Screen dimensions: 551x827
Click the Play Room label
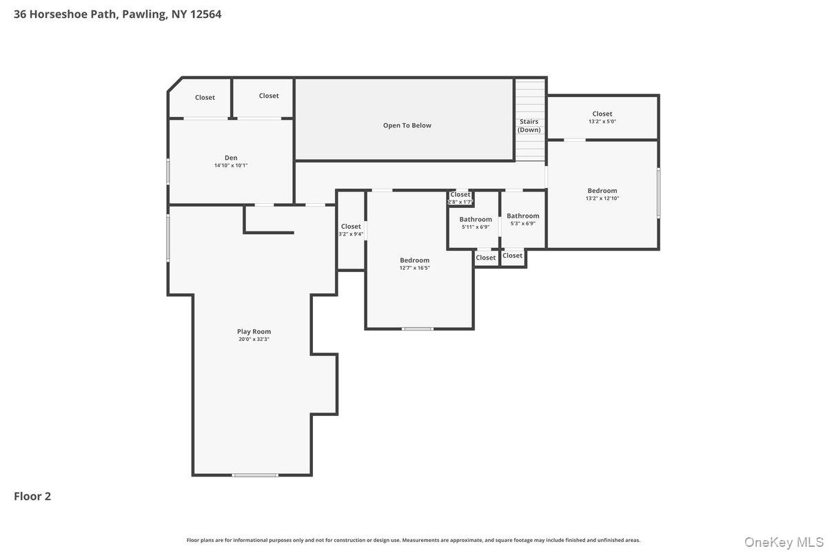(x=254, y=331)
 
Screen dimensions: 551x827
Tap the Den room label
(x=231, y=158)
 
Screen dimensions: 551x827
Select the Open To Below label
(x=407, y=125)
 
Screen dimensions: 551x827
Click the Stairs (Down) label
(x=529, y=125)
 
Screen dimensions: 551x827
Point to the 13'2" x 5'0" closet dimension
(x=602, y=121)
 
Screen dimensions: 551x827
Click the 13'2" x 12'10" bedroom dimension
(x=602, y=198)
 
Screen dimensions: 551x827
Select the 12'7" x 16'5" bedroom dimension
(x=414, y=268)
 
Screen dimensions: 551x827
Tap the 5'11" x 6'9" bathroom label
(x=476, y=220)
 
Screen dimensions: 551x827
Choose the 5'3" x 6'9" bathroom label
(x=522, y=216)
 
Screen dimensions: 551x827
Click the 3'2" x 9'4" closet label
(x=351, y=227)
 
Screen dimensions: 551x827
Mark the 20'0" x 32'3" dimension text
(x=254, y=339)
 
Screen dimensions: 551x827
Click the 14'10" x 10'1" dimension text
(x=231, y=165)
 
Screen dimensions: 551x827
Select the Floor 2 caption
(x=32, y=496)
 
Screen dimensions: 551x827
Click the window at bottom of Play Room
(x=255, y=475)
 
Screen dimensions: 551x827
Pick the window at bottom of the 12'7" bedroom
(x=418, y=329)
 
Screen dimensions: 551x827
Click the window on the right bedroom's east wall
(x=658, y=193)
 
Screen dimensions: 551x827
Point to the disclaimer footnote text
(x=413, y=540)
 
